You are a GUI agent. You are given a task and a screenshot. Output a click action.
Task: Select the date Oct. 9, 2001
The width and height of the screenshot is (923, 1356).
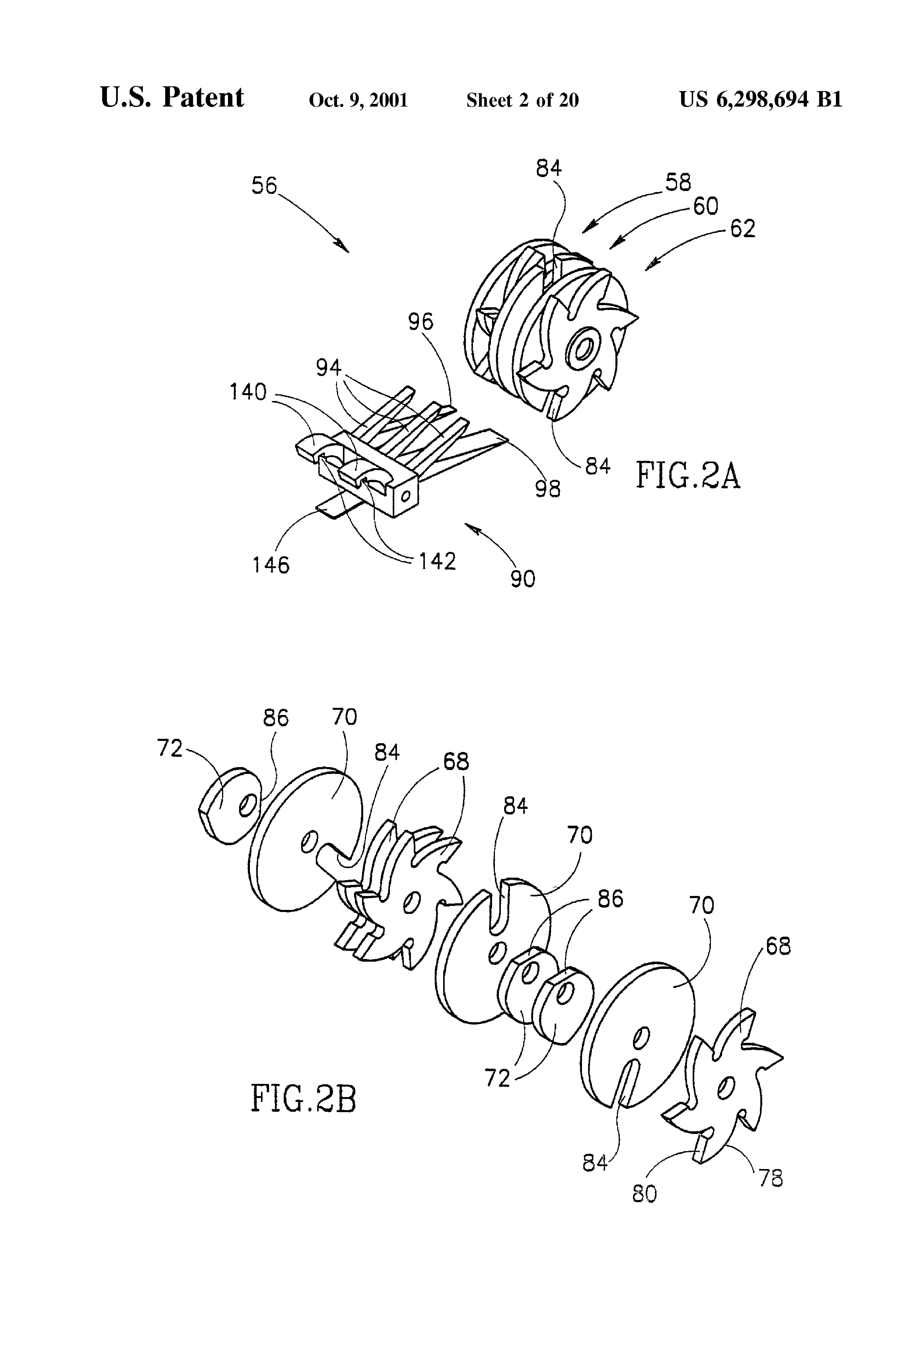tap(358, 100)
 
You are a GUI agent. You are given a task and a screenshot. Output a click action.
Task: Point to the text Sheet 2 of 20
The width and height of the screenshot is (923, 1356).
tap(522, 100)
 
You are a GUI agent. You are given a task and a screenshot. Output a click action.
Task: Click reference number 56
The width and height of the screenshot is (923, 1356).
tap(264, 186)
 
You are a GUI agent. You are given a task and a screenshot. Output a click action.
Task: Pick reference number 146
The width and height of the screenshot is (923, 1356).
tap(271, 565)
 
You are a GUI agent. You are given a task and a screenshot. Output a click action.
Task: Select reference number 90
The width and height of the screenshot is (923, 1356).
tap(523, 579)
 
